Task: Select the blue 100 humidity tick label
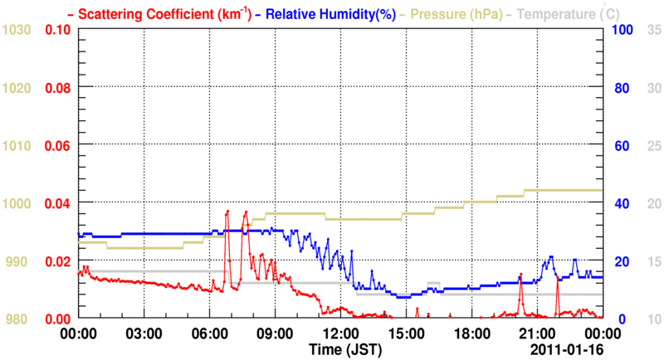[618, 30]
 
